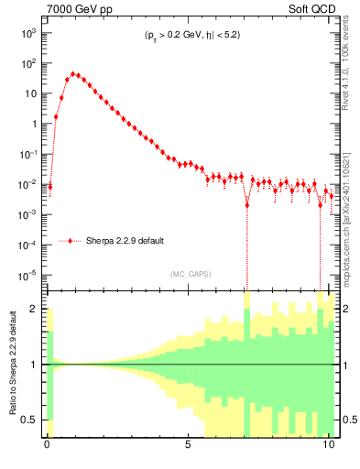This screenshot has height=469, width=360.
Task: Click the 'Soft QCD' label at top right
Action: [x=311, y=8]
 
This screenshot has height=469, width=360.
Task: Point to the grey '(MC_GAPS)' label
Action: [x=189, y=273]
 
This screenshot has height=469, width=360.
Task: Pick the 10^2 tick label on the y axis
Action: [x=27, y=63]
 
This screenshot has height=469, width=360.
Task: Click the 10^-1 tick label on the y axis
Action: [x=27, y=154]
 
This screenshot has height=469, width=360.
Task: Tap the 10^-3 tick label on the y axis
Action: [x=27, y=214]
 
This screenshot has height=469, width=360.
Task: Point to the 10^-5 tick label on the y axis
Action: [x=27, y=275]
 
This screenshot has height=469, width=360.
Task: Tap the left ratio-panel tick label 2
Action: [x=35, y=309]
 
